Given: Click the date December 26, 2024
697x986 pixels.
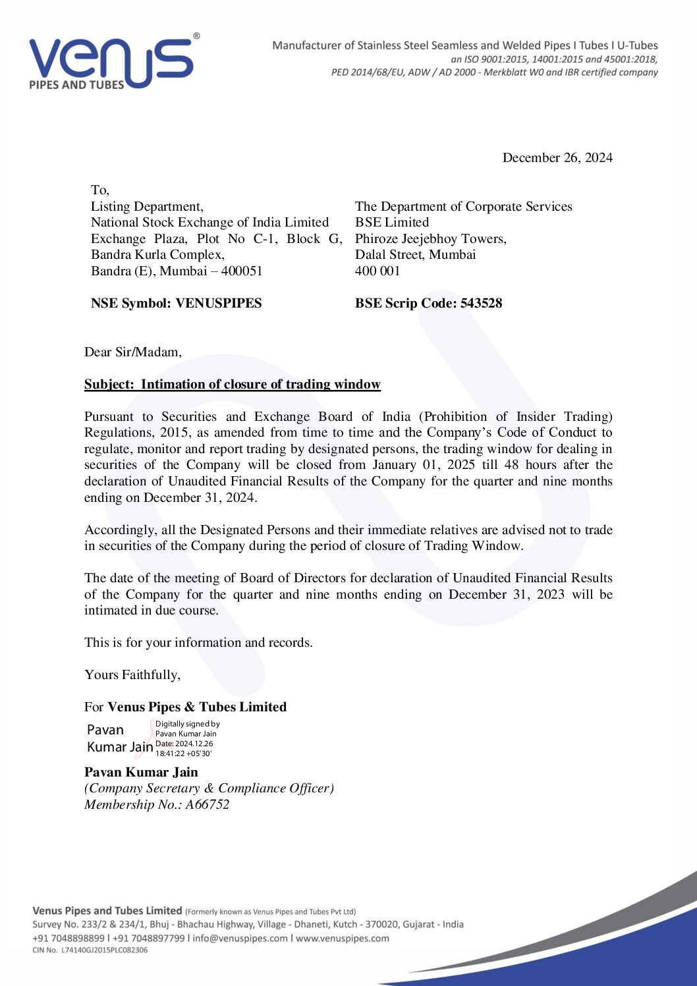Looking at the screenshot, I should coord(557,157).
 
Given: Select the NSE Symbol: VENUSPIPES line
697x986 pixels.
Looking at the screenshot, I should coord(176,303).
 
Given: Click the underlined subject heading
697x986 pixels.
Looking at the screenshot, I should coord(232,384).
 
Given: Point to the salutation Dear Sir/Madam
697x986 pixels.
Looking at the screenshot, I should coord(132,352).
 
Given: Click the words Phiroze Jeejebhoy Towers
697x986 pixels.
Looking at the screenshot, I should coord(430,238).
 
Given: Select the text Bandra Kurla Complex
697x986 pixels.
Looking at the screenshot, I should coord(157,254).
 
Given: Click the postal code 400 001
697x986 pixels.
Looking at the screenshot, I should coord(377,271).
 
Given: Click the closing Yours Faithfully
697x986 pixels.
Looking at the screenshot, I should coord(132,674).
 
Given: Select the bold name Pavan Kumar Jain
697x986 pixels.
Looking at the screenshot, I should coord(141,772).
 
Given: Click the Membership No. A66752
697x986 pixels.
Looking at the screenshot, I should coord(157,804).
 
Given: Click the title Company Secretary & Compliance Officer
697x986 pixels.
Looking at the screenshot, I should coord(209,788).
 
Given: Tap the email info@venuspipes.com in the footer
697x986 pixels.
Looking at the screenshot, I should coord(240,938).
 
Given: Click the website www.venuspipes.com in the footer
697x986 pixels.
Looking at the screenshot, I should coord(342,938).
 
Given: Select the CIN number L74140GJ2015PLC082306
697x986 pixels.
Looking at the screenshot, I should coord(104,950).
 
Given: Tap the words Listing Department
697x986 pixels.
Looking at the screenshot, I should coord(147,206).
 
